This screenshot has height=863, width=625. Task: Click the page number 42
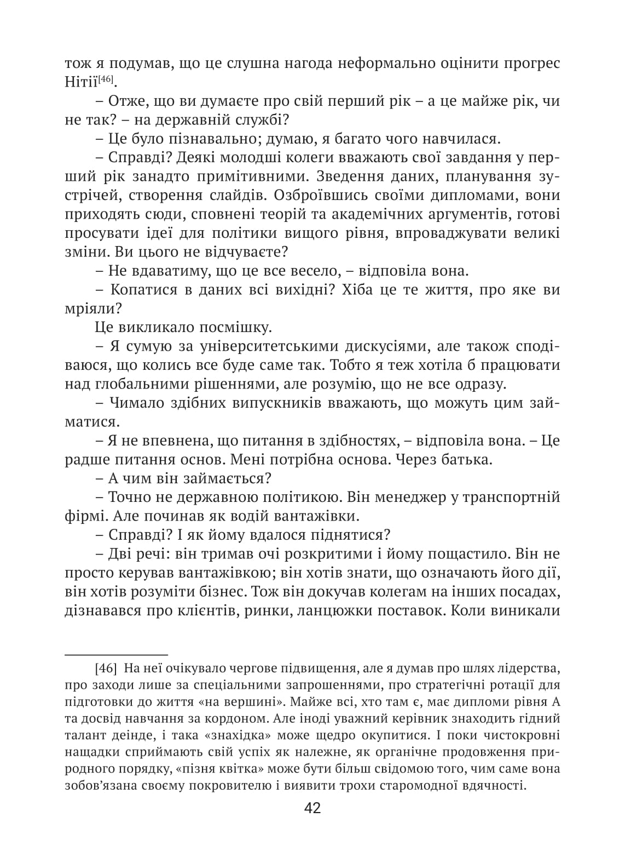312,808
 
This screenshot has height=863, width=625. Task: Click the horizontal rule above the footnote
116,654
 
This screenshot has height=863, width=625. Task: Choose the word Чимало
135,403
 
